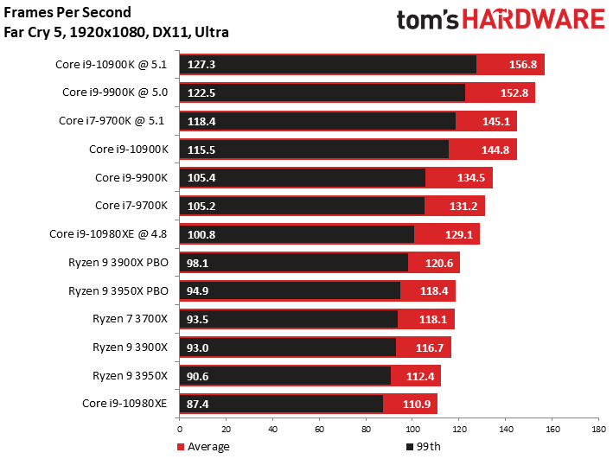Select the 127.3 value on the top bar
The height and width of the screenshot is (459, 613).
tap(201, 65)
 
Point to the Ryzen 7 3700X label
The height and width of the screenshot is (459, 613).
tap(130, 319)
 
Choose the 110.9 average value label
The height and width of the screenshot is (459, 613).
tap(416, 404)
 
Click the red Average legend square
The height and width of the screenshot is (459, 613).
tap(182, 447)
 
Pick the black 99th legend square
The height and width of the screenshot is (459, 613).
tap(409, 447)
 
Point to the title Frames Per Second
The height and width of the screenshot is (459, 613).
tap(67, 13)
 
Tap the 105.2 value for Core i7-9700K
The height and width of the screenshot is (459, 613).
tap(201, 206)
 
